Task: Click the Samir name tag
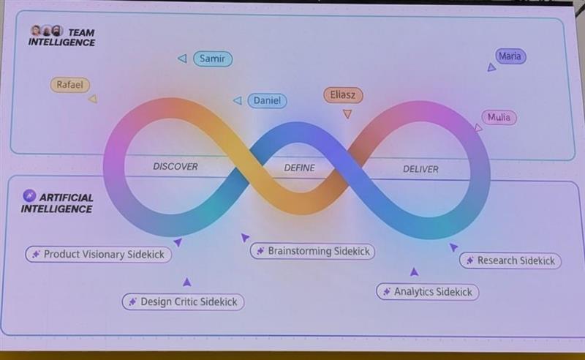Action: [213, 59]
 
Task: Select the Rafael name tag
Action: [69, 85]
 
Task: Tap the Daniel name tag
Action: [267, 100]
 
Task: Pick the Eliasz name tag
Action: [343, 95]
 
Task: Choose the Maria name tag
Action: [510, 56]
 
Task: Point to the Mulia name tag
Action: [499, 117]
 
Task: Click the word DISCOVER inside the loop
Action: [175, 167]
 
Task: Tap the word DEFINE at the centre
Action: [299, 168]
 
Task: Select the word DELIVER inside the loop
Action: [420, 169]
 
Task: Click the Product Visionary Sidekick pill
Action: [99, 255]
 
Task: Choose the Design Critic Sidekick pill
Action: [184, 301]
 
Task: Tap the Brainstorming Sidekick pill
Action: [313, 251]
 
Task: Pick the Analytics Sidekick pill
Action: [428, 292]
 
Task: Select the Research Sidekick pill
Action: [510, 260]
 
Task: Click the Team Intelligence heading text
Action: [62, 37]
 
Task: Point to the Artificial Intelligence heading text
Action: [57, 203]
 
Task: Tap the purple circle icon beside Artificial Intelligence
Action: [29, 195]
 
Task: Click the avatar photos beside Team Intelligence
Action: [47, 31]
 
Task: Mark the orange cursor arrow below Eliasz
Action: [347, 114]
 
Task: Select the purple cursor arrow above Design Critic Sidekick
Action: [187, 282]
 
